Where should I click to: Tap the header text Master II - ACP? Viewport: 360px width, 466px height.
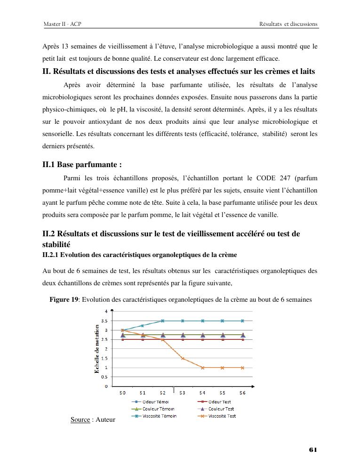coord(62,24)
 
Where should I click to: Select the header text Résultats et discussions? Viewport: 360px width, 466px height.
coord(288,24)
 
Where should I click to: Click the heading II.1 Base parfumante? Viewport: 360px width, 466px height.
coord(82,165)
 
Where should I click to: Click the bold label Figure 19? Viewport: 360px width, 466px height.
coord(64,300)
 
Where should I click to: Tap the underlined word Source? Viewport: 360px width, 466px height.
coord(80,419)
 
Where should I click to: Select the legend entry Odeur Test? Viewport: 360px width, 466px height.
coord(219,402)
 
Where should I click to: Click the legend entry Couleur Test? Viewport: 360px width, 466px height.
coord(221,409)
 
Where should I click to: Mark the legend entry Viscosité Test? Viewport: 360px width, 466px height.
coord(222,416)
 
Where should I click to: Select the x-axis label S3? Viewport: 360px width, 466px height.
coord(182,392)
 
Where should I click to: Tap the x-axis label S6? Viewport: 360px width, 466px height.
coord(242,392)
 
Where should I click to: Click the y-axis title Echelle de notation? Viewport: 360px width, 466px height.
coord(97,349)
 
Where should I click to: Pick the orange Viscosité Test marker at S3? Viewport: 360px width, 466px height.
coord(183,358)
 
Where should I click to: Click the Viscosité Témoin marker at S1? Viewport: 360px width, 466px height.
coord(143,325)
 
